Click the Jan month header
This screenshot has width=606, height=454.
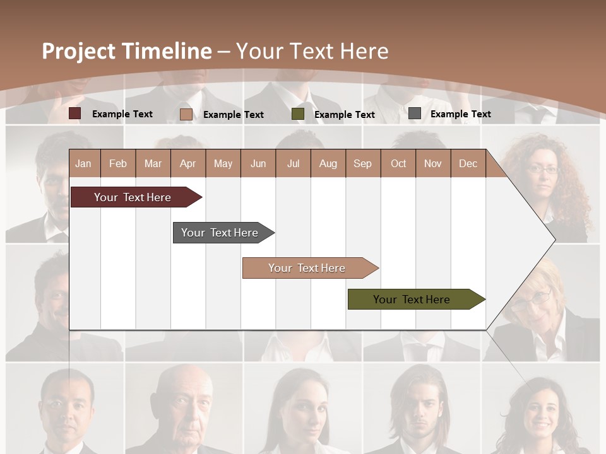[x=83, y=163]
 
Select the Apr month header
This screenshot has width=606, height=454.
[x=187, y=163]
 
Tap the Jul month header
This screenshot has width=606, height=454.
[x=293, y=163]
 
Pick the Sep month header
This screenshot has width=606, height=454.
[x=362, y=163]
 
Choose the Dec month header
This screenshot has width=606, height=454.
[x=468, y=163]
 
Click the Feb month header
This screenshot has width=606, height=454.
[x=118, y=163]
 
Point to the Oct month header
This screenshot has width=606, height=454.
[x=398, y=163]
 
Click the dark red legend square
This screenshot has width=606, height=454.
[x=75, y=113]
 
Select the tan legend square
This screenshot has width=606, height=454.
[x=186, y=114]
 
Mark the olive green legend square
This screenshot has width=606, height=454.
[x=298, y=114]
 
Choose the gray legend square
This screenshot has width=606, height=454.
[x=415, y=113]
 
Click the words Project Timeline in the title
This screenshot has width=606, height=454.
[x=127, y=51]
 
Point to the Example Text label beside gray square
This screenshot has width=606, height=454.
[x=460, y=114]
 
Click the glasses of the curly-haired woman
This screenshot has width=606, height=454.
[x=542, y=169]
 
